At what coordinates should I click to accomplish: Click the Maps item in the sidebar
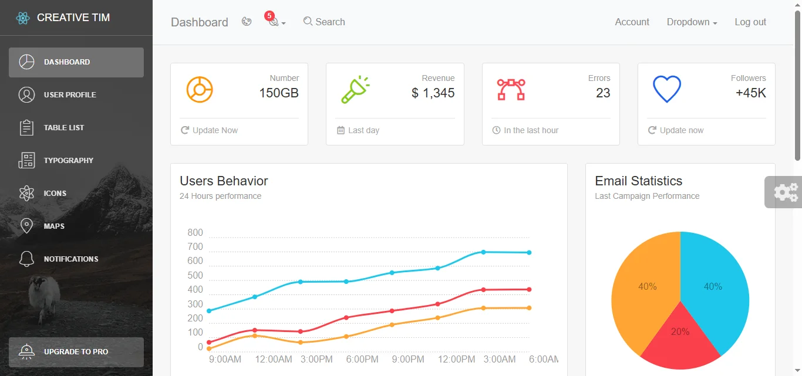coord(53,226)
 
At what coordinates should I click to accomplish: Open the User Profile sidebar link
coord(69,94)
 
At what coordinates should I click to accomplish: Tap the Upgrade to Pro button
coord(76,352)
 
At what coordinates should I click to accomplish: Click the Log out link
coord(750,22)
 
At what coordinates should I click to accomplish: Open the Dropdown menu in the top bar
coord(692,22)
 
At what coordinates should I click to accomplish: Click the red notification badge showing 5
coord(269,16)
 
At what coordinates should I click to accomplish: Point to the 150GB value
coord(279,93)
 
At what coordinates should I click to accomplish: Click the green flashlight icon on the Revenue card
coord(355,90)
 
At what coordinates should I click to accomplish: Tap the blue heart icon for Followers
coord(666,90)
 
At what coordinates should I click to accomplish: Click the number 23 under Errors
coord(603,93)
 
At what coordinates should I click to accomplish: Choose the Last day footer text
coord(363,130)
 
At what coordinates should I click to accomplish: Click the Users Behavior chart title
coord(224,181)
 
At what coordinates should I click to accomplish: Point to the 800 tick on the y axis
coord(195,233)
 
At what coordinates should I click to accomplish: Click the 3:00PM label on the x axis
coord(316,359)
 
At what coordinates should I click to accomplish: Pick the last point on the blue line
coord(529,253)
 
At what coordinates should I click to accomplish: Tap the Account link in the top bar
coord(632,22)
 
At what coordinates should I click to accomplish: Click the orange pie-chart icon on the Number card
coord(199,90)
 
